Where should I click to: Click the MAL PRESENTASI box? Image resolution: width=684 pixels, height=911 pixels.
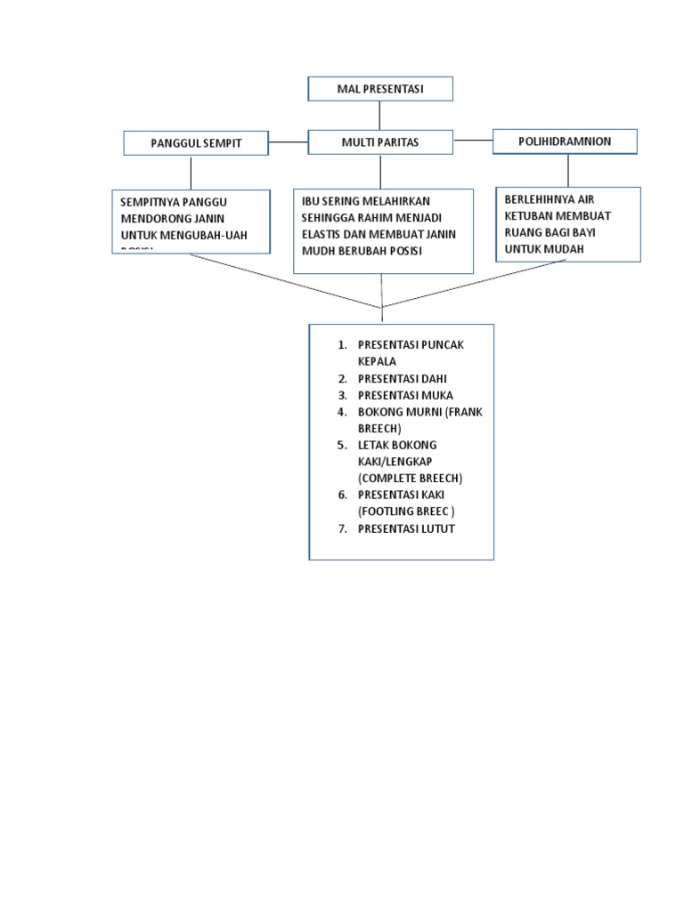coord(380,89)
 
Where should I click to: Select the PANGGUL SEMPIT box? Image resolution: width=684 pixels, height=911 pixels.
coord(196,142)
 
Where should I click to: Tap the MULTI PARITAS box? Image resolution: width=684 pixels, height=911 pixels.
coord(380,142)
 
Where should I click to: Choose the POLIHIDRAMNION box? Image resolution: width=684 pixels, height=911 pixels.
coord(565,141)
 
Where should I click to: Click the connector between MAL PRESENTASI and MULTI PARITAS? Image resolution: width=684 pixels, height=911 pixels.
coord(380,116)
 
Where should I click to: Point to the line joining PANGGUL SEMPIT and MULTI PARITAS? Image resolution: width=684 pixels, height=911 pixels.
coord(288,141)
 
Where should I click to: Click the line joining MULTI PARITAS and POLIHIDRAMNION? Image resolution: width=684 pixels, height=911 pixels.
coord(473,140)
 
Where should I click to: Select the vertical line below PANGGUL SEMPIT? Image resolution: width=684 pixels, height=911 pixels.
coord(191,172)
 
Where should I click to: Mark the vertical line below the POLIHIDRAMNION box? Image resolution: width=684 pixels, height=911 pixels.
coord(567,170)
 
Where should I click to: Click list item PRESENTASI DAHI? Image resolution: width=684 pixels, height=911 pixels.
coord(402,378)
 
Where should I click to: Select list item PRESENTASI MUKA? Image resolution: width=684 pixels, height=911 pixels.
coord(405,395)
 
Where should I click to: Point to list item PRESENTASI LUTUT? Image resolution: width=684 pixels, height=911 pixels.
coord(406,528)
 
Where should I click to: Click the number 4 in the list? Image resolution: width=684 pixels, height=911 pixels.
coord(341,412)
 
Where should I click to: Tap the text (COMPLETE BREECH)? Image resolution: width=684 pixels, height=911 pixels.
coord(410,478)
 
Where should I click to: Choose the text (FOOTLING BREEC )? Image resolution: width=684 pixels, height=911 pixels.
coord(406,512)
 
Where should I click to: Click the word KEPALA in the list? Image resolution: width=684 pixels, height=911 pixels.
coord(378,361)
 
